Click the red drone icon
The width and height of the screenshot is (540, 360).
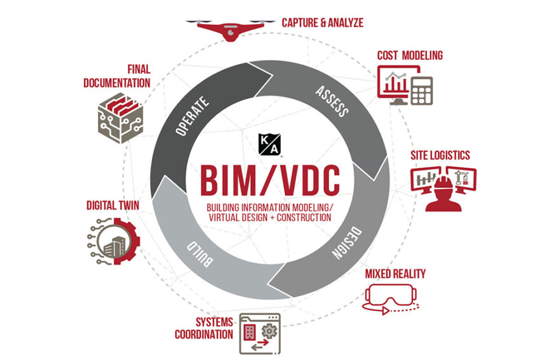[x=231, y=30]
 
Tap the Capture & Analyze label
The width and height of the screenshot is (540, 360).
[x=322, y=23]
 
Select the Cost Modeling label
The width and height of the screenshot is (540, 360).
[x=410, y=55]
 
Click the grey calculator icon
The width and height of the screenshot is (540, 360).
[x=422, y=91]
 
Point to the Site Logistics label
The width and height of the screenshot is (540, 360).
[x=440, y=155]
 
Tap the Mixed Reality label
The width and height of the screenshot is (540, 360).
[x=395, y=274]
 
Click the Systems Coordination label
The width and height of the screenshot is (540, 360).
[x=204, y=328]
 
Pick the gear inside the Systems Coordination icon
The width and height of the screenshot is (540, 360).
[x=269, y=331]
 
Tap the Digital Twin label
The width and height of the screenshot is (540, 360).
[x=112, y=206]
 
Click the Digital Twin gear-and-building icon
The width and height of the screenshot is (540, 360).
[x=113, y=241]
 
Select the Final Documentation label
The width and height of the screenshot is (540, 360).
[x=117, y=76]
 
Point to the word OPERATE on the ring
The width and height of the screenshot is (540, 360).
[x=192, y=116]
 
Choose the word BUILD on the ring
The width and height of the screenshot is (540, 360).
[x=199, y=254]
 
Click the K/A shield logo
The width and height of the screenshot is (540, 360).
[x=269, y=145]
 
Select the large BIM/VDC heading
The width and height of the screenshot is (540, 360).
[x=270, y=181]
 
